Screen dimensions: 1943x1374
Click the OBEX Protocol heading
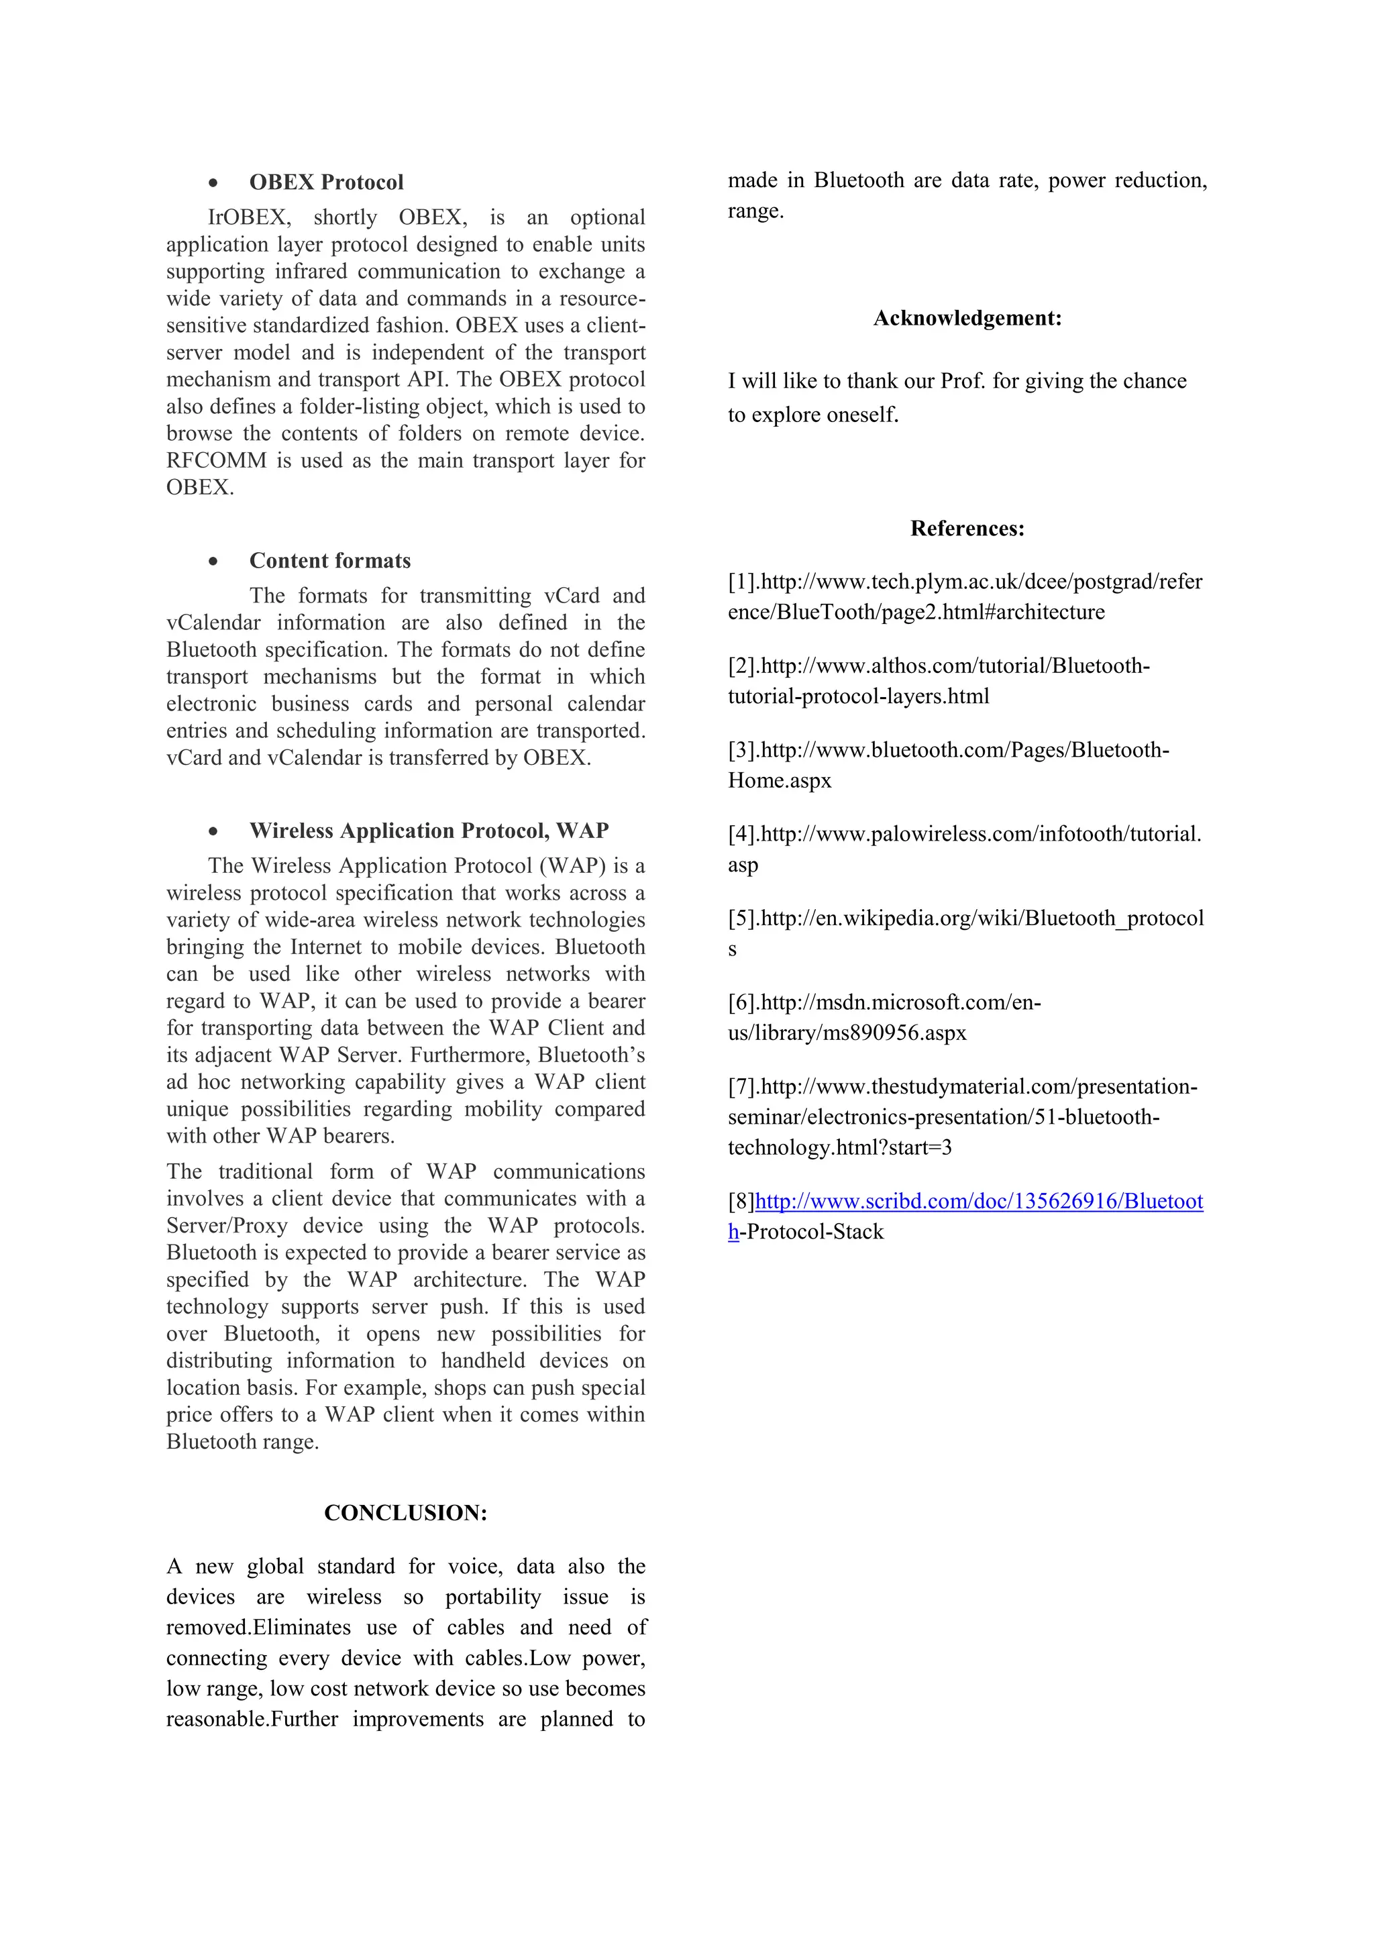326,182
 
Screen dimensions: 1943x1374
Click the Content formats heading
329,561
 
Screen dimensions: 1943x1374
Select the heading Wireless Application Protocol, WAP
428,831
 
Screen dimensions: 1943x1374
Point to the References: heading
967,529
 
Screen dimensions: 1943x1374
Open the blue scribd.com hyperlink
978,1202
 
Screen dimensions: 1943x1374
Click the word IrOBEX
249,217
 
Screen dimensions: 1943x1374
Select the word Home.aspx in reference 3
779,781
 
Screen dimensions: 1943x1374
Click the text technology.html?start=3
839,1149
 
